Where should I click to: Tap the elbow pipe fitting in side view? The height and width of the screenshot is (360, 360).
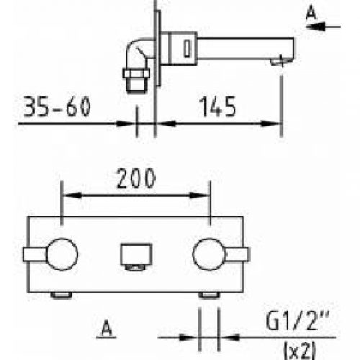(137, 53)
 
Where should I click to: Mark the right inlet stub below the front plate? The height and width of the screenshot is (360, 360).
(209, 295)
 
